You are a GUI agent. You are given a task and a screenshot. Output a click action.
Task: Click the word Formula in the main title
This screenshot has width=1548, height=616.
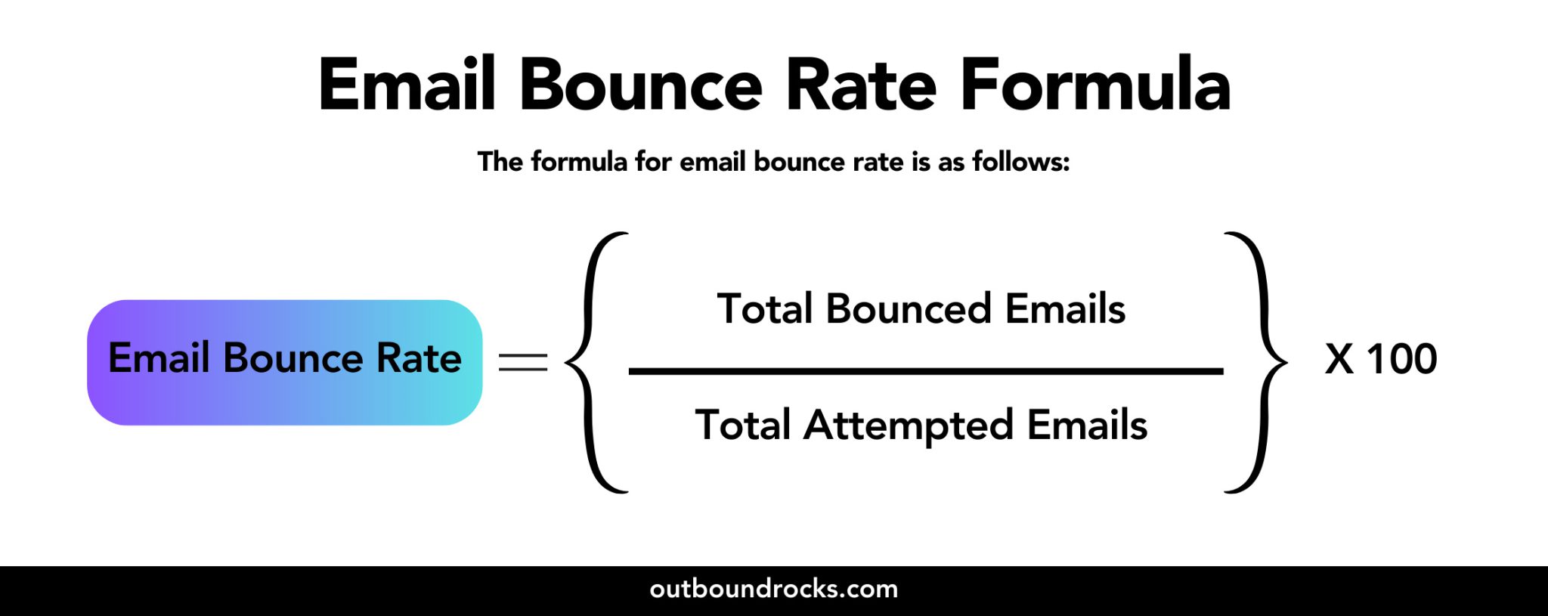1095,85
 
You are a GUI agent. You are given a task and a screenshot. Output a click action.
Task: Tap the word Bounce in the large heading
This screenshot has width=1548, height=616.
641,85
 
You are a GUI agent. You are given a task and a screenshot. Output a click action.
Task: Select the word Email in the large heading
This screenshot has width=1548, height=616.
407,85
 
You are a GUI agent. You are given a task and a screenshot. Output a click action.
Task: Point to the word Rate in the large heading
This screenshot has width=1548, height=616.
861,85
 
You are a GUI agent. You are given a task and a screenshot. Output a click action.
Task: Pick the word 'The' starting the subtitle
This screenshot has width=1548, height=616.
500,162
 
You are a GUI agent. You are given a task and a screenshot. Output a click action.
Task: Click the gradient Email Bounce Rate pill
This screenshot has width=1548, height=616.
284,362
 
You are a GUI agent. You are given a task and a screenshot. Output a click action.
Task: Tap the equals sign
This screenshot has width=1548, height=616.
523,362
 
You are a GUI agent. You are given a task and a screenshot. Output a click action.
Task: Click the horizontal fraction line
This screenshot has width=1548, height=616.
925,371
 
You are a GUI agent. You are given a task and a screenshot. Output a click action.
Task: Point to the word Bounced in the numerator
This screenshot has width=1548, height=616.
908,309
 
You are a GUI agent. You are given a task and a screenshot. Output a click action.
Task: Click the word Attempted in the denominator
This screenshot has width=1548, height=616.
908,426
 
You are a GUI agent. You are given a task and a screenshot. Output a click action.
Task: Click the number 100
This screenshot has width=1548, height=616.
1402,359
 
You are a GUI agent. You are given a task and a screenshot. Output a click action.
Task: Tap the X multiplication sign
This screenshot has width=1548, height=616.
1339,359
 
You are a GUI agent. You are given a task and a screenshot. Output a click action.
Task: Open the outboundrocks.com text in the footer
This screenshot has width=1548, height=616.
773,589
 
